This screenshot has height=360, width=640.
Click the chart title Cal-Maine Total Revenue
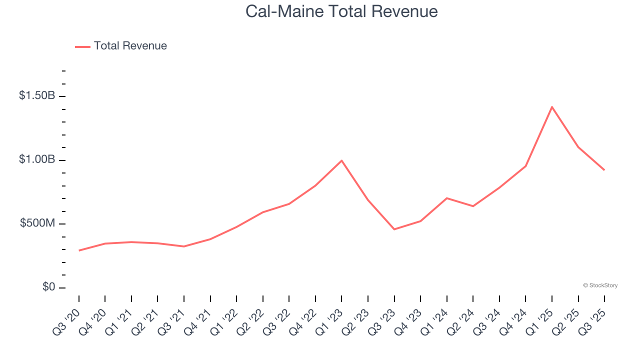click(341, 11)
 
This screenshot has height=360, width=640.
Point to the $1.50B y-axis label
click(37, 95)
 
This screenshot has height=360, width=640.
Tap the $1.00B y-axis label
click(37, 159)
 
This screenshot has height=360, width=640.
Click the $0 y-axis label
click(48, 287)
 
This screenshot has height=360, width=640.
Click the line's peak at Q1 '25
click(552, 107)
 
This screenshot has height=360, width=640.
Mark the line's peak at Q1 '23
click(341, 160)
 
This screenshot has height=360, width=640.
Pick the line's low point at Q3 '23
click(394, 229)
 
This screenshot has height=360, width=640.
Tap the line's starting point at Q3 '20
click(79, 250)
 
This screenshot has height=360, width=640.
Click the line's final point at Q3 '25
click(604, 170)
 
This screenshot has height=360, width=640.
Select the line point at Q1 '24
click(446, 198)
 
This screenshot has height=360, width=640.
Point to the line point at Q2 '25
click(578, 147)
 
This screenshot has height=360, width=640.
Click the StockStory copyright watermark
click(600, 285)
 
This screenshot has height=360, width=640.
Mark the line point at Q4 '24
click(525, 166)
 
